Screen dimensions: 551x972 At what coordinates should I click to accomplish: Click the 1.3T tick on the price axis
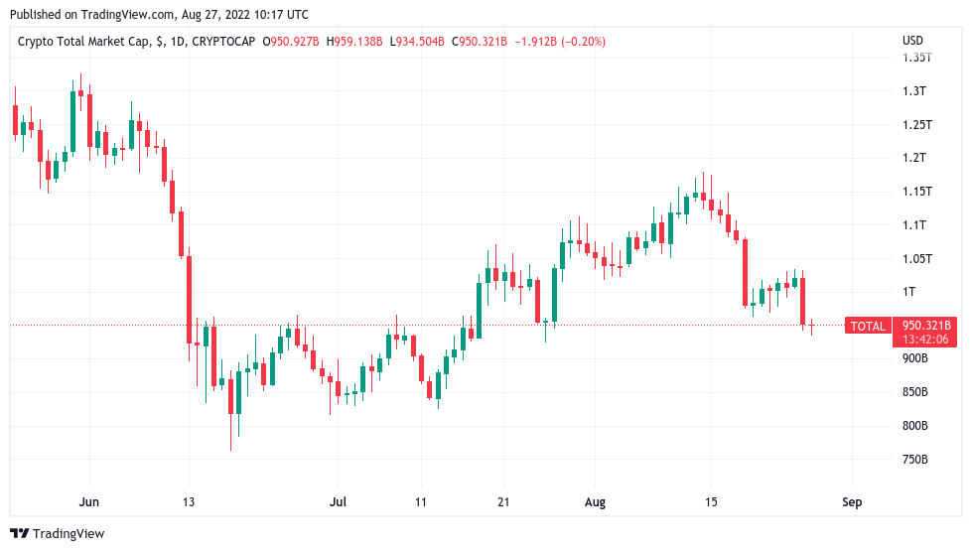pyautogui.click(x=913, y=90)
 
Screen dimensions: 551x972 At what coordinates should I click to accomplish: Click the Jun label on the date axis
pyautogui.click(x=89, y=502)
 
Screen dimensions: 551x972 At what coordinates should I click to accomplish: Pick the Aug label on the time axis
pyautogui.click(x=595, y=502)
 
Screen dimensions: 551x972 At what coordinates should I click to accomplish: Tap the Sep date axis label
pyautogui.click(x=851, y=502)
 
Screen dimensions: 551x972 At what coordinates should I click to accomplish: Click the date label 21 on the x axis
pyautogui.click(x=503, y=502)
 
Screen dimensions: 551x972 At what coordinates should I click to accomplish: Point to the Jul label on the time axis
pyautogui.click(x=339, y=502)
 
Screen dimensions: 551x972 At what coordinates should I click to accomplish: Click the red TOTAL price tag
pyautogui.click(x=869, y=326)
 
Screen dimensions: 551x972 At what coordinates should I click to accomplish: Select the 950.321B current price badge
pyautogui.click(x=925, y=326)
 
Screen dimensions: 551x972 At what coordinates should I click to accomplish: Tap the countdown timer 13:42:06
pyautogui.click(x=925, y=340)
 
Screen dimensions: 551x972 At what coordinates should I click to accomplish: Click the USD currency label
pyautogui.click(x=912, y=41)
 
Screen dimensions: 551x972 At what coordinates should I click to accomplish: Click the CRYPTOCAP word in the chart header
pyautogui.click(x=222, y=41)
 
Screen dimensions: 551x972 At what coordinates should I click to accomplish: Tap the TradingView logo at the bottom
pyautogui.click(x=58, y=534)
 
